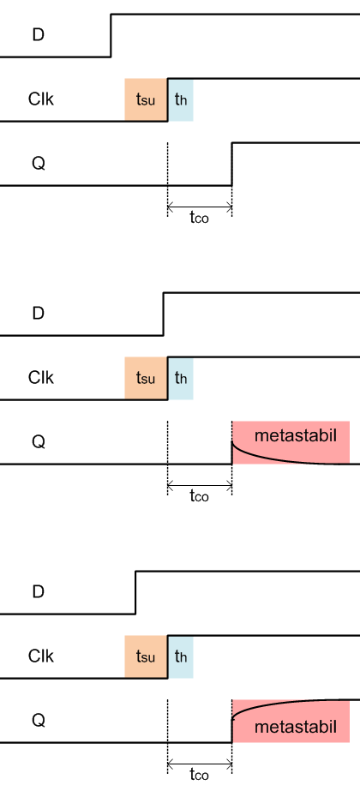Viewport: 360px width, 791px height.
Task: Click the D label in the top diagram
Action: tap(39, 35)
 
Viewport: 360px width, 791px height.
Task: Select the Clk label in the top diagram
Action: tap(41, 99)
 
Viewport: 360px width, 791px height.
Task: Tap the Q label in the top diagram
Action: tap(39, 164)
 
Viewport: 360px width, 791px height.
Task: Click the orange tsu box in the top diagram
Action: tap(146, 100)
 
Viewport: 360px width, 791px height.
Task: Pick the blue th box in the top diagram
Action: tap(181, 100)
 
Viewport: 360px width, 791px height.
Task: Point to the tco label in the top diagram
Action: tap(199, 218)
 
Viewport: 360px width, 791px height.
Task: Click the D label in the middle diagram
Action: tap(39, 314)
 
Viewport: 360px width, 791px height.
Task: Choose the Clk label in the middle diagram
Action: tap(41, 378)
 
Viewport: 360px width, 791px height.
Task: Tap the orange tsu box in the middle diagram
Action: tap(146, 378)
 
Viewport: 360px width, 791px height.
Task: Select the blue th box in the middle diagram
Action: tap(181, 378)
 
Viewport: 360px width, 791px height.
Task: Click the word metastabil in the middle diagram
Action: tap(296, 435)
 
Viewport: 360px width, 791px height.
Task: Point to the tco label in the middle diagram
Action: tap(199, 496)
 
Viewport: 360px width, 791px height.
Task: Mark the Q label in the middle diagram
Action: tap(39, 442)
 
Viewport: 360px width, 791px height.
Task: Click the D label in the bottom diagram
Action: tap(39, 591)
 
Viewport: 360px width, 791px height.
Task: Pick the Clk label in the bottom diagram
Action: tap(41, 656)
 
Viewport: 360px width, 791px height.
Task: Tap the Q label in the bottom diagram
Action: tap(39, 721)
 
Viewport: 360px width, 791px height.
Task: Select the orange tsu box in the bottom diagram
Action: tap(146, 656)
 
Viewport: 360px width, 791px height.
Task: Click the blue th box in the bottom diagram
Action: tap(181, 656)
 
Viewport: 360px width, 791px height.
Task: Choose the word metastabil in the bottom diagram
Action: tap(296, 727)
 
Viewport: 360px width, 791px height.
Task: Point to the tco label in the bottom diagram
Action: tap(199, 775)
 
